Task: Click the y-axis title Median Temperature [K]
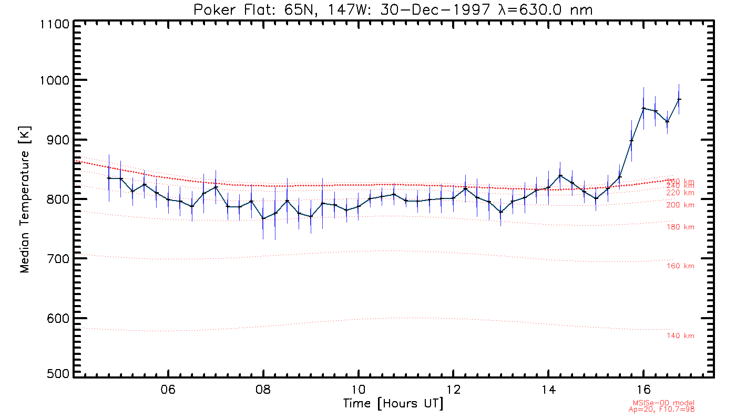(x=25, y=199)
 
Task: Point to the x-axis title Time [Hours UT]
(x=393, y=404)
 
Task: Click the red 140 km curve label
(x=680, y=336)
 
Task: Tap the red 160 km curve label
(x=680, y=266)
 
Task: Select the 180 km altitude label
(x=680, y=227)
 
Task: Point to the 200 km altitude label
(x=680, y=205)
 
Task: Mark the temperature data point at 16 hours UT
(x=643, y=109)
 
